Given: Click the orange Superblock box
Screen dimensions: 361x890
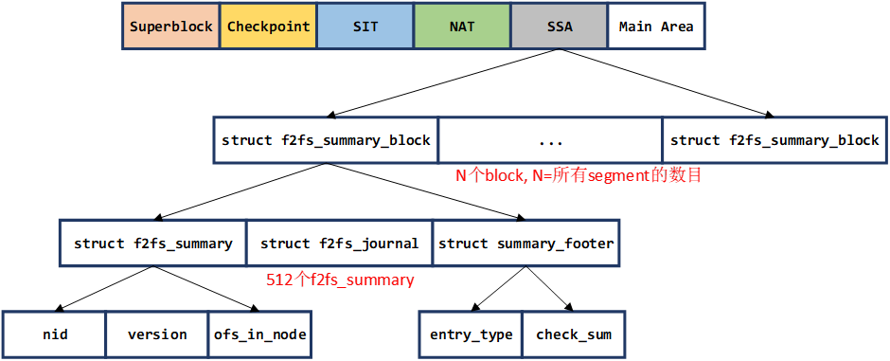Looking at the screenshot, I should click(171, 27).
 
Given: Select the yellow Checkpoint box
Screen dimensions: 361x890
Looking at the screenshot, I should click(268, 27).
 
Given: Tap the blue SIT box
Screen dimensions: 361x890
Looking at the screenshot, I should click(365, 27).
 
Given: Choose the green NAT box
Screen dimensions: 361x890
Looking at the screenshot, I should click(462, 27).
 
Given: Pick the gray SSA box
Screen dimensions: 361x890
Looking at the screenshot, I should click(559, 27).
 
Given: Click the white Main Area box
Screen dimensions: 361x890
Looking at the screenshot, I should click(656, 27).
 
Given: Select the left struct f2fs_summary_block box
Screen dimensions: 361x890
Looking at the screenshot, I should click(326, 140).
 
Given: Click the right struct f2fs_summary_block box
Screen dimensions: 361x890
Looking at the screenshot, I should click(774, 140).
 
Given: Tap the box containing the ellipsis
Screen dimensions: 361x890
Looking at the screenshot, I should click(550, 140).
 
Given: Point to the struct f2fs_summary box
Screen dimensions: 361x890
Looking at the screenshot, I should click(152, 244).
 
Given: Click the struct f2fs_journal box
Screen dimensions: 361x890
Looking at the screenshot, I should click(339, 244).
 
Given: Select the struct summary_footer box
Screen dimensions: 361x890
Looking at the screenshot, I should click(525, 244).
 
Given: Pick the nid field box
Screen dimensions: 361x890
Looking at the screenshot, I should click(55, 334).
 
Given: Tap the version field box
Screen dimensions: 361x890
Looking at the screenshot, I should click(157, 334).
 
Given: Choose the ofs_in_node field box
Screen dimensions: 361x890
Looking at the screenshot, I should click(260, 334).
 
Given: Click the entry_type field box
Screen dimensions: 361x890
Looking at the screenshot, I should click(471, 334).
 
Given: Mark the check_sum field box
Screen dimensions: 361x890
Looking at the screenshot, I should click(573, 334).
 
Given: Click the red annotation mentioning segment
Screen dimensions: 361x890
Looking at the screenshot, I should click(578, 175).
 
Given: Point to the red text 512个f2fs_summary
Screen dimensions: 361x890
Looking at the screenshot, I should click(341, 280).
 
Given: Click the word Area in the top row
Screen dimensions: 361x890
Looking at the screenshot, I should click(677, 27).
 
